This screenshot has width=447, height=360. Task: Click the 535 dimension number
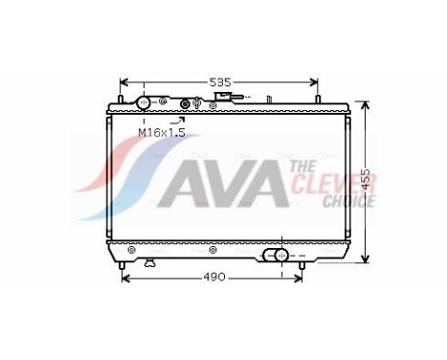click(220, 83)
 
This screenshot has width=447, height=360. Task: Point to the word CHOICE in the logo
click(348, 201)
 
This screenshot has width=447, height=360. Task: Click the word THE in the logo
click(304, 167)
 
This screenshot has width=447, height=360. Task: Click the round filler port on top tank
click(144, 102)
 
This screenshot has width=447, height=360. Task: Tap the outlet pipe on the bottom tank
click(279, 256)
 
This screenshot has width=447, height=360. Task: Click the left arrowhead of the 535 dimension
click(123, 83)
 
